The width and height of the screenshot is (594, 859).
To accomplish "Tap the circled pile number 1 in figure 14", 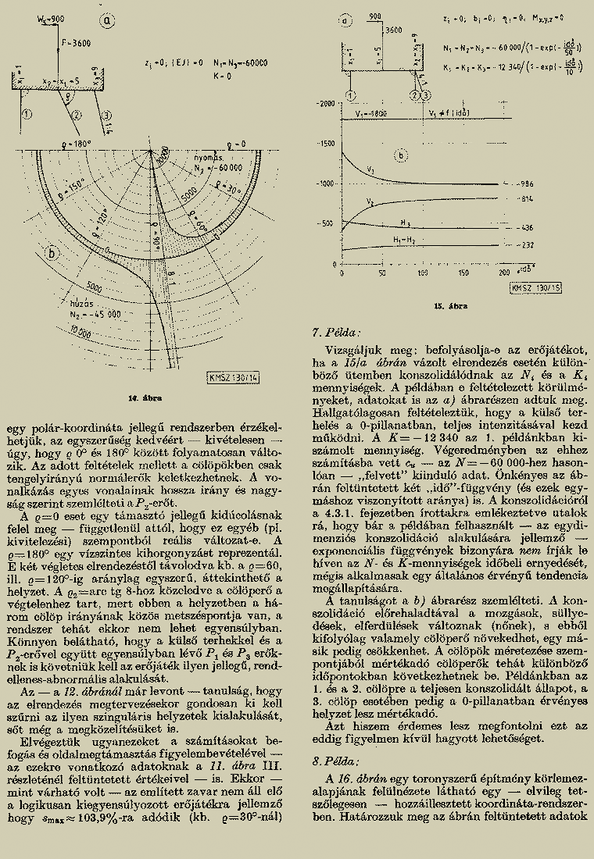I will point(27,114).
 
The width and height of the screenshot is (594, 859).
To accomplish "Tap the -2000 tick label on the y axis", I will point(324,104).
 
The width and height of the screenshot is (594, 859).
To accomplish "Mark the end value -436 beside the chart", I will point(525,228).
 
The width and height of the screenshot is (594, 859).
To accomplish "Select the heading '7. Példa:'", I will point(333,333).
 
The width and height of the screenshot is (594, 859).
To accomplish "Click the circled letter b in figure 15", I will point(401,155).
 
